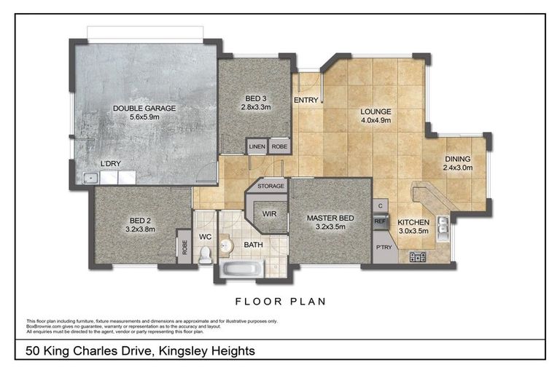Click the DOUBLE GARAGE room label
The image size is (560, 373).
coord(144,109)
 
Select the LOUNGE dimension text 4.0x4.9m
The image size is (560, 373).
coord(376,122)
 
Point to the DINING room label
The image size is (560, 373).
coord(457,159)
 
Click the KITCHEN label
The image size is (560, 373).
coord(413,222)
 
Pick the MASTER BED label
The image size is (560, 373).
coord(330,217)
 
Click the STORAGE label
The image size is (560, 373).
coord(271,186)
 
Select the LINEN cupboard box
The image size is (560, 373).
coord(257,146)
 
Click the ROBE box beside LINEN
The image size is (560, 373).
coord(279,146)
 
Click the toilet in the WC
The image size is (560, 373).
coord(205,254)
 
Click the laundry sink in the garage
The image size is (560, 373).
coord(92,176)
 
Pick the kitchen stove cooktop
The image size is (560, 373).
coord(419,256)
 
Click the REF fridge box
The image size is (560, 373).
coord(380,221)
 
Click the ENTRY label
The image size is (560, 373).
coord(304,100)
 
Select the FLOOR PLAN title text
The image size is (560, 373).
coord(280,301)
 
